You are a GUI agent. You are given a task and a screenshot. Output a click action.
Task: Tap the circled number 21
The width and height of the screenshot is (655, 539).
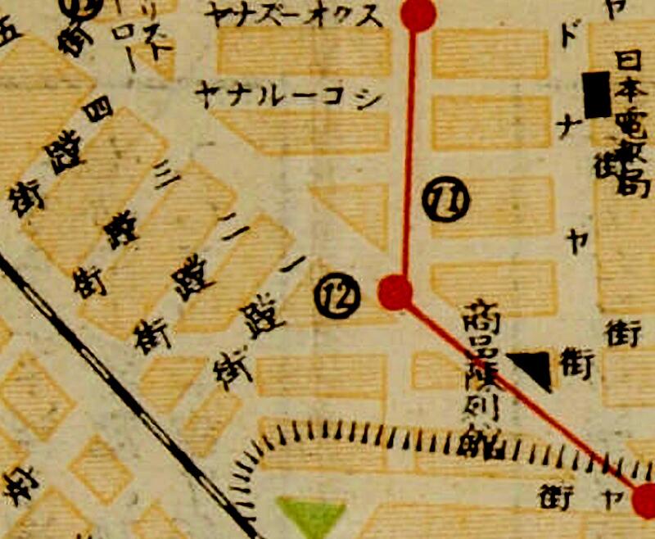[x=447, y=201]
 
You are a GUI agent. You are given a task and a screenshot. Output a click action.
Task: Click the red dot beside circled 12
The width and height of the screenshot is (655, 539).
[x=395, y=291]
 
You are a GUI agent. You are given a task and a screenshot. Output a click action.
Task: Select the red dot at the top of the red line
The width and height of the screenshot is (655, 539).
[x=418, y=14]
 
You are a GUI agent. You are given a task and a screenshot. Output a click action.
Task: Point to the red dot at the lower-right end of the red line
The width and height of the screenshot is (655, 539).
[x=645, y=499]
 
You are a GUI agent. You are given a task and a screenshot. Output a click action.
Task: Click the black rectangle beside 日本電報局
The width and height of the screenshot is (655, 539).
[x=597, y=93]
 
